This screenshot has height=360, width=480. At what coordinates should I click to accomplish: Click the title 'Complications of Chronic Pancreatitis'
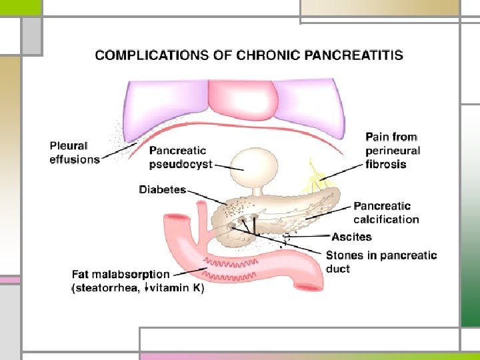pos(249,55)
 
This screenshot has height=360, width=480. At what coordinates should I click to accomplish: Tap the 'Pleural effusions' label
pos(74,153)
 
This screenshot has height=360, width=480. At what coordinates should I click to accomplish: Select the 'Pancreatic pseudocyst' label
pos(181,157)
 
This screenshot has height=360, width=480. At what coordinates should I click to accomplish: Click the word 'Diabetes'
pos(162,190)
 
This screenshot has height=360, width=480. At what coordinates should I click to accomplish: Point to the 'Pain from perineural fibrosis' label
pos(393,151)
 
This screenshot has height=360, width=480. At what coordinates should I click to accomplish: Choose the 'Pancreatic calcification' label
pos(386,213)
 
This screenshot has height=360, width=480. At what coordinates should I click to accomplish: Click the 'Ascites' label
pos(351,237)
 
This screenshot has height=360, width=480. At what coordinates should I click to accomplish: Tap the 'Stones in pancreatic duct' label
pos(381,261)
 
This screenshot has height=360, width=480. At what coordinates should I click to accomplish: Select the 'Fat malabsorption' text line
pos(120,274)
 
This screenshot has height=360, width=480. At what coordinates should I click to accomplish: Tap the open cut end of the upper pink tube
pos(175,219)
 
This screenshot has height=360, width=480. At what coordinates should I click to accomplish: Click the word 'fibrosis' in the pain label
pos(386,164)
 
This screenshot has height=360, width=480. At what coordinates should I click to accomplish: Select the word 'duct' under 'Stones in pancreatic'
pos(339,269)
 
